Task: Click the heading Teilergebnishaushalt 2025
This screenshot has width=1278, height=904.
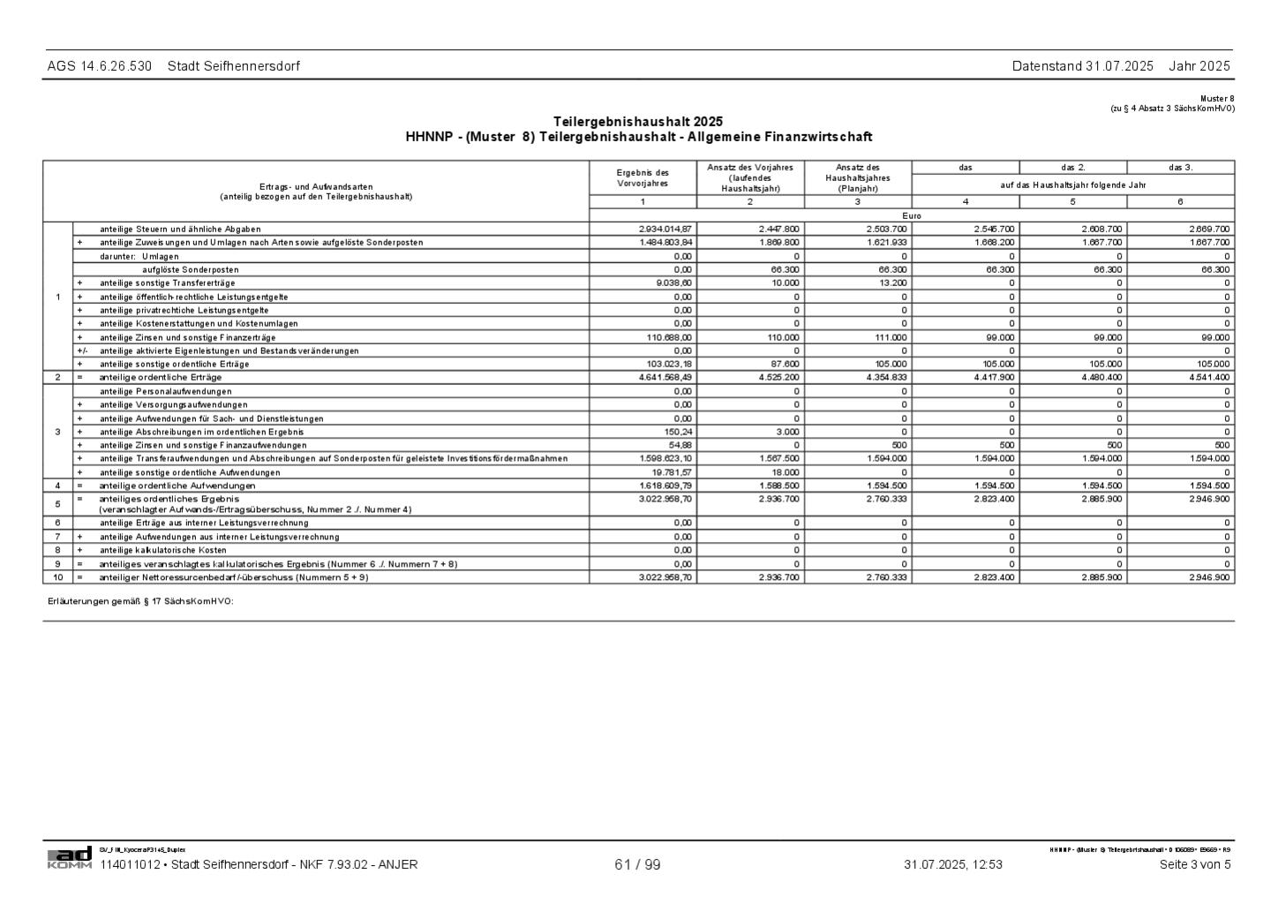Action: tap(638, 121)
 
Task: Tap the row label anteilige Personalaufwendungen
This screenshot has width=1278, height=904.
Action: tap(166, 391)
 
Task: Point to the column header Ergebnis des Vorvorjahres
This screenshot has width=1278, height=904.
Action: tap(643, 178)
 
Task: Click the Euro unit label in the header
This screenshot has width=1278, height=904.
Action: tap(912, 215)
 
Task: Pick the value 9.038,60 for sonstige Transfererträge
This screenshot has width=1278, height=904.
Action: tap(674, 282)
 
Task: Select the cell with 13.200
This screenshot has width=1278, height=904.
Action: tap(891, 282)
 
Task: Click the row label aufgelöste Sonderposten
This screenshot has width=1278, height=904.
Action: tap(191, 269)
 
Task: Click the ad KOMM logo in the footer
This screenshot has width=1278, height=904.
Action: tap(70, 857)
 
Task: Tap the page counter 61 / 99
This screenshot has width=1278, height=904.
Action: tap(637, 864)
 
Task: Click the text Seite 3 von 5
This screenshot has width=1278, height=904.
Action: tap(1194, 864)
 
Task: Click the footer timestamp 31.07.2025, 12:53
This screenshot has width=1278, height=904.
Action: tap(952, 864)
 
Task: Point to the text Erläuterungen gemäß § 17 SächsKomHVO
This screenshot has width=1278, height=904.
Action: tap(140, 601)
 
